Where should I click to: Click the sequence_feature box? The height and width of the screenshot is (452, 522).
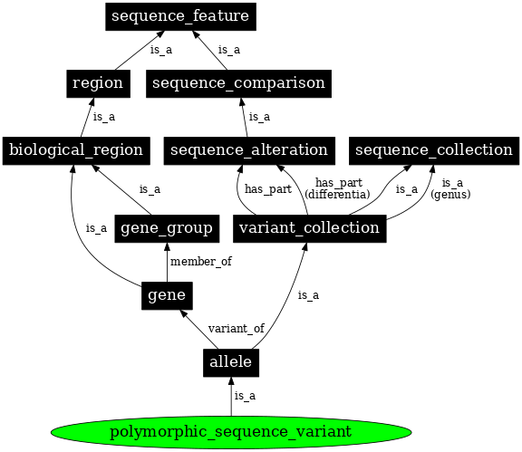pos(180,16)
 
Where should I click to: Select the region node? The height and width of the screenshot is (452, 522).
pos(98,83)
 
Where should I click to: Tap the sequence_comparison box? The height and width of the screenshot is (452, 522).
pos(238,83)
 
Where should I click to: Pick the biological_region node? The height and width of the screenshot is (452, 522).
pos(76,150)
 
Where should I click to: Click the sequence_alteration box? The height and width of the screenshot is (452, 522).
pos(249,150)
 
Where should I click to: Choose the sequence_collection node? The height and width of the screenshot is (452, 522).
pos(434,150)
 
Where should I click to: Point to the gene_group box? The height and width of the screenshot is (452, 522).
pos(167,228)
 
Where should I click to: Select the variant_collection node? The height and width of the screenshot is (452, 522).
pos(310,228)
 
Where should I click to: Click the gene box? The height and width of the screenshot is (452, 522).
pos(167,295)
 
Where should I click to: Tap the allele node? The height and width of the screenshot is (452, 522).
pos(231,363)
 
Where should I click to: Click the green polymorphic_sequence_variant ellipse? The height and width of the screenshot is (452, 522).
pos(231,432)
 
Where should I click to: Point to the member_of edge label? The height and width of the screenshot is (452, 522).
pos(201,262)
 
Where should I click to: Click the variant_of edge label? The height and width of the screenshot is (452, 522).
pos(237,329)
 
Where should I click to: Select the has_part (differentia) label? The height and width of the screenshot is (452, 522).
pos(337,188)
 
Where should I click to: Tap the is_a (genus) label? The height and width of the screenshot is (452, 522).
pos(450,188)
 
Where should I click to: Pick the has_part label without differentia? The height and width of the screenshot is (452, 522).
pos(268,189)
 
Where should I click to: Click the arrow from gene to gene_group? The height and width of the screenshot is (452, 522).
pos(167,263)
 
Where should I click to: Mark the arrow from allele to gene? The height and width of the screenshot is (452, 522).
pos(199,330)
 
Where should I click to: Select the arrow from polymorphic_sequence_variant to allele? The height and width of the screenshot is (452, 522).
pos(231,397)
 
